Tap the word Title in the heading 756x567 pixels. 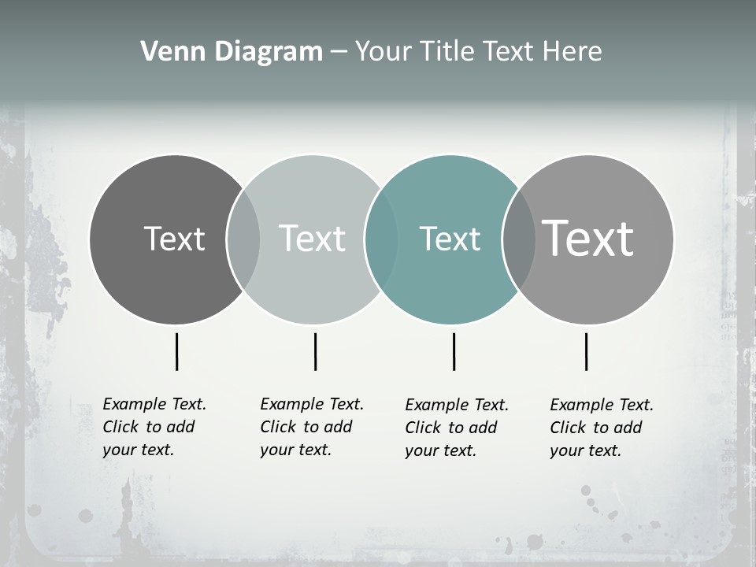[x=447, y=52]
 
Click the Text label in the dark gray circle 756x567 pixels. [x=174, y=239]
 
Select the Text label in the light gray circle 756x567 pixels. [x=313, y=239]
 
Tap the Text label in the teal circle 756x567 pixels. [x=450, y=239]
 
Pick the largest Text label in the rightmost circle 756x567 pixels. [x=588, y=239]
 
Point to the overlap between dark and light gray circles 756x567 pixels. [x=243, y=239]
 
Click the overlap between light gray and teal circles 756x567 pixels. [x=381, y=239]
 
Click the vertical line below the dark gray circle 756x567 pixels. [x=176, y=351]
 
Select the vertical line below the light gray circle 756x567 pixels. [x=315, y=351]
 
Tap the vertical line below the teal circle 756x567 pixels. [x=454, y=351]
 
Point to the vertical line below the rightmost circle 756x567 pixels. [x=586, y=351]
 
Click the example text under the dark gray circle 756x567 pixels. [x=154, y=427]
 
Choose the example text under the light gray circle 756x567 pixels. [x=312, y=427]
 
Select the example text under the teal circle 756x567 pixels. [x=457, y=428]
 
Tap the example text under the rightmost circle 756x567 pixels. [x=602, y=428]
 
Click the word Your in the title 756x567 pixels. [x=384, y=52]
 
